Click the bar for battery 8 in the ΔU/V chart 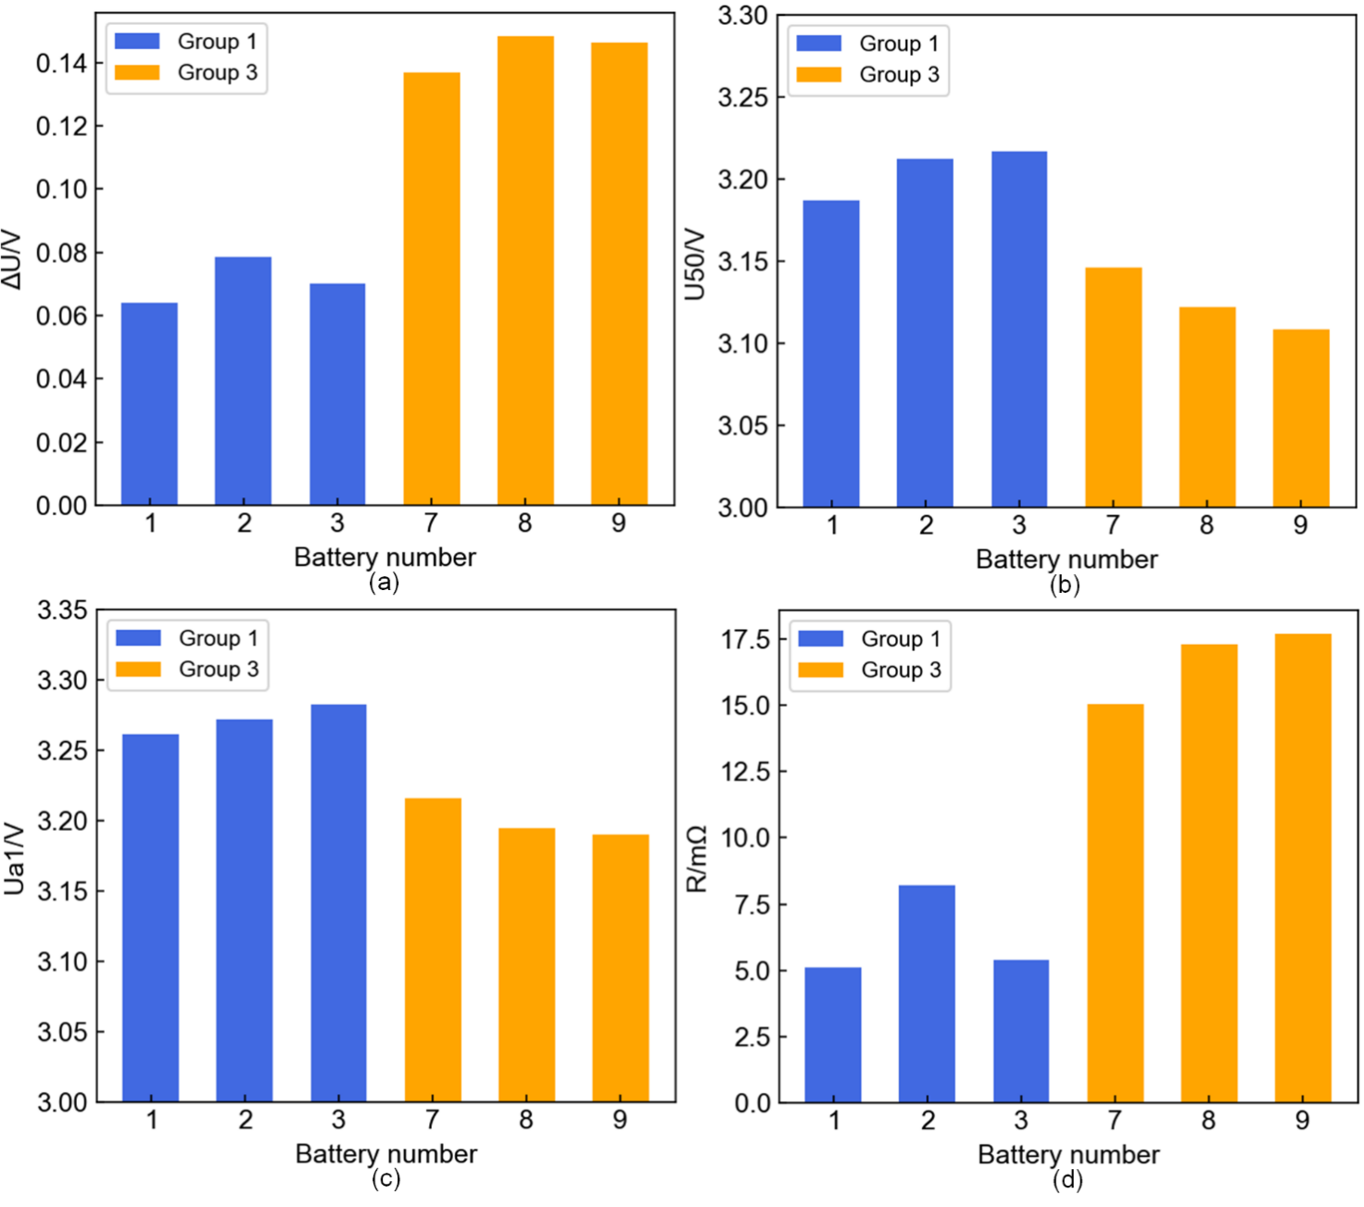pos(525,270)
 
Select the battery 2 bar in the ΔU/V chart pos(243,381)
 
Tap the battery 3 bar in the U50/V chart pos(1019,329)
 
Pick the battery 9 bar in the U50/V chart pos(1301,418)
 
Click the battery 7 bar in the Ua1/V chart pos(433,949)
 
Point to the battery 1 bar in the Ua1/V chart pos(150,918)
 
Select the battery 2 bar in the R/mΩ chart pos(927,994)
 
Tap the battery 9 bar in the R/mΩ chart pos(1303,868)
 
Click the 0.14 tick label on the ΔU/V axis pos(61,63)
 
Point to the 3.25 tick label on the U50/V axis pos(743,97)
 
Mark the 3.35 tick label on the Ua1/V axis pos(62,610)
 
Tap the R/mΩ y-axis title pos(697,858)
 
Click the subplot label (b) pos(1065,585)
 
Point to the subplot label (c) pos(385,1178)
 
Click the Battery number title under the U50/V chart pos(1067,559)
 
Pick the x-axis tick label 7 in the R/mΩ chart pos(1115,1121)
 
